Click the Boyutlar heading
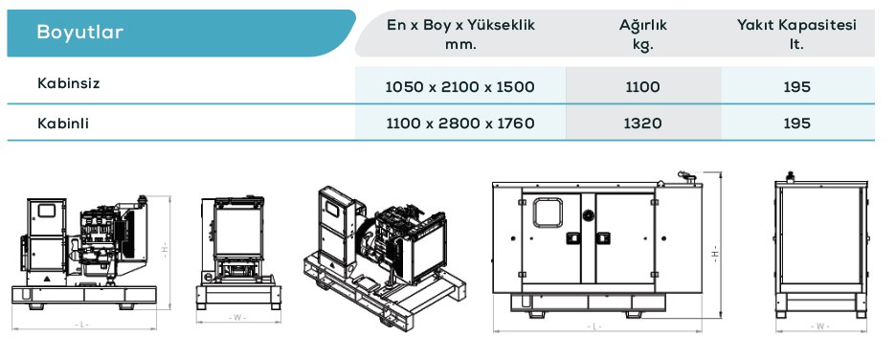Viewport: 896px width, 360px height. tap(79, 32)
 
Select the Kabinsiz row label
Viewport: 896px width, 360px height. tap(69, 83)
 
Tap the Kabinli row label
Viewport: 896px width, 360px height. tap(63, 123)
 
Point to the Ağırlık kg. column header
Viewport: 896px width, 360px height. tap(643, 34)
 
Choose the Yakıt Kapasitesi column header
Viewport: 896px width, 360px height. tap(796, 34)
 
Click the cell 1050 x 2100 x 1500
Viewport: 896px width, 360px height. tap(460, 87)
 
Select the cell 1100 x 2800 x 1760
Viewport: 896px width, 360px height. tap(460, 124)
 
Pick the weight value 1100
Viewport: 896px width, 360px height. tap(643, 87)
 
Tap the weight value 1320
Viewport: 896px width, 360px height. tap(643, 124)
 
